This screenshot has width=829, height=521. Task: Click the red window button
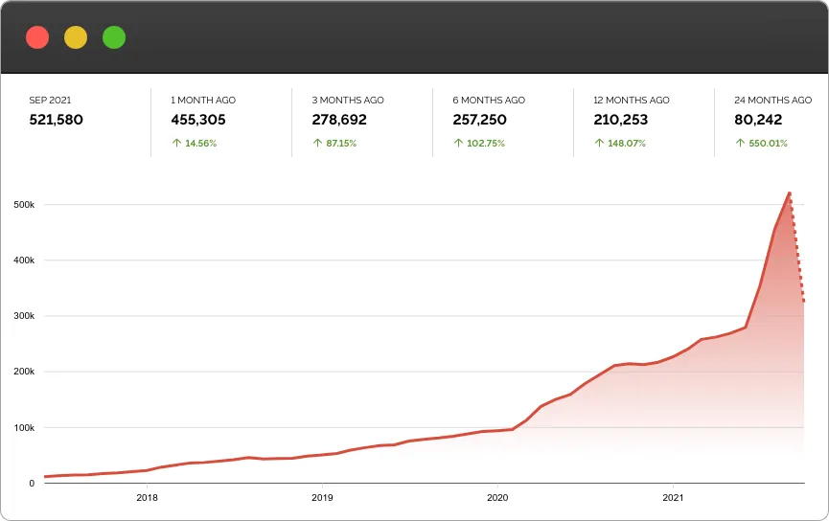click(x=37, y=37)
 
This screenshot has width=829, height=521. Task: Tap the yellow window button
click(x=76, y=37)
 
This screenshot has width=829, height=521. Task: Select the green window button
click(x=114, y=37)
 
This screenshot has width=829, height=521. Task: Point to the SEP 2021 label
click(x=51, y=100)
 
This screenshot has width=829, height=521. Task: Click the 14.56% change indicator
click(x=195, y=143)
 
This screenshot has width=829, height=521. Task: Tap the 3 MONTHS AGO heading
click(x=348, y=100)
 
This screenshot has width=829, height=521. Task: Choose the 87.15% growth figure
click(x=335, y=143)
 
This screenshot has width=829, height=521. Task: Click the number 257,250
click(x=479, y=120)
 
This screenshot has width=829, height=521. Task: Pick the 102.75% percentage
click(x=479, y=143)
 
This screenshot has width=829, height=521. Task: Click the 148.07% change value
click(x=620, y=143)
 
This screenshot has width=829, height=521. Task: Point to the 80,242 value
click(x=758, y=120)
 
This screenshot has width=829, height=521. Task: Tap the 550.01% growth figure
click(x=761, y=143)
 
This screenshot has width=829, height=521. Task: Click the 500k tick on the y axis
click(x=25, y=205)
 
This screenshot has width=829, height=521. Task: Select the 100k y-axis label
click(x=25, y=428)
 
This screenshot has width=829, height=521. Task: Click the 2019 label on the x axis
click(x=322, y=497)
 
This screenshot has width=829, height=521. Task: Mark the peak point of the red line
click(x=789, y=193)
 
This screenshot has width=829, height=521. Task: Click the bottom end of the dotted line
click(x=804, y=303)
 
